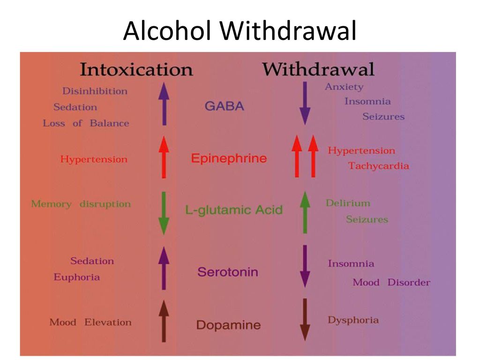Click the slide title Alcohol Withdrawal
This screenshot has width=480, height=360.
pos(240,30)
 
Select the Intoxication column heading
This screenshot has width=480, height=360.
pos(136,69)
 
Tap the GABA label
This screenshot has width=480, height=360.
pos(225,106)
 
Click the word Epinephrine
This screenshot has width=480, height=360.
pos(229,158)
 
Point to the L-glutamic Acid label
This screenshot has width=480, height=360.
pos(234,210)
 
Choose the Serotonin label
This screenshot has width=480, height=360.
pos(228,272)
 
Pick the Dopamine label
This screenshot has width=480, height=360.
pos(228,325)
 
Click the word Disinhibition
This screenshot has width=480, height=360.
pos(95,91)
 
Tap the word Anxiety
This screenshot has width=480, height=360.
pos(344,87)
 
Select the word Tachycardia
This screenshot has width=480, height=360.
pos(378,166)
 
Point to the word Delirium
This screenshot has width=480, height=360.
pos(348,203)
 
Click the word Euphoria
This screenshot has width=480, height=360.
pos(76,277)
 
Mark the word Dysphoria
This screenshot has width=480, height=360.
pos(353,321)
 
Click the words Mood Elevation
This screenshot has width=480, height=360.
pos(90,322)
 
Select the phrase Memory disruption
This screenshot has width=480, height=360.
pos(81,204)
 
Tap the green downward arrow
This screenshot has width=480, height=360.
pos(164,213)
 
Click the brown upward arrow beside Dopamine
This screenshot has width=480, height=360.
pos(164,321)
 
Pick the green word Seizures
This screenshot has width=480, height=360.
pos(367,219)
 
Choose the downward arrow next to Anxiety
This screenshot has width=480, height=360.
pos(305,103)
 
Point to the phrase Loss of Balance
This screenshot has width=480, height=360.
pos(86,123)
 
